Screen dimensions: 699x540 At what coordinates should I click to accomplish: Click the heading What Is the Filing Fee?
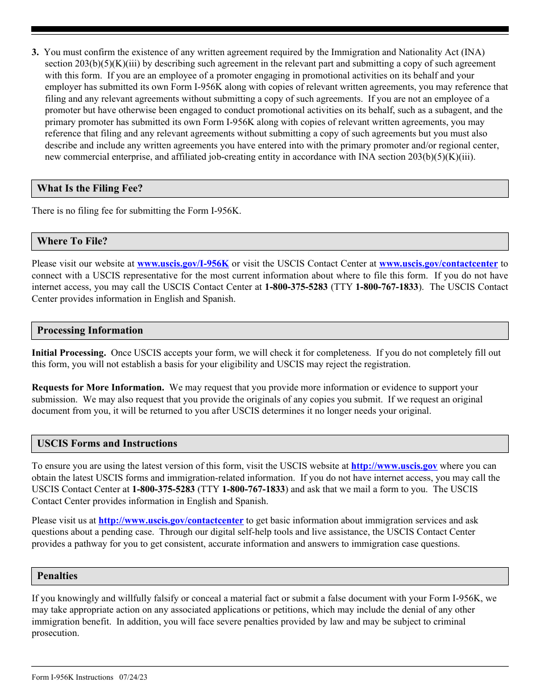(90, 189)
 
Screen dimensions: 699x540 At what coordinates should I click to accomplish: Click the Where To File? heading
(72, 242)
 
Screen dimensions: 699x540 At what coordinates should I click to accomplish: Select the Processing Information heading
(90, 331)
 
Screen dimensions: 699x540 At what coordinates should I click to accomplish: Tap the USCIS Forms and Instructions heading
(107, 444)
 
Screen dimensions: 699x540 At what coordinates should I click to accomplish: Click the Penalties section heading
(57, 576)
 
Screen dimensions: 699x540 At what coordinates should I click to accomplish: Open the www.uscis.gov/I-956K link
(183, 264)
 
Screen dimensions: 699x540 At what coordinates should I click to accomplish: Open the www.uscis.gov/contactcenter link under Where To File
(438, 264)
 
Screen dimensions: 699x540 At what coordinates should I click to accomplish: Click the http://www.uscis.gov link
(394, 466)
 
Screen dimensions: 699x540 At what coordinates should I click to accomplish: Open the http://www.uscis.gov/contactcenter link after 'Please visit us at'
(171, 521)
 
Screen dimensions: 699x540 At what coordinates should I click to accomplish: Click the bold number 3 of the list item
(35, 52)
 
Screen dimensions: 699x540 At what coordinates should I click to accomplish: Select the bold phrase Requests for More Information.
(98, 388)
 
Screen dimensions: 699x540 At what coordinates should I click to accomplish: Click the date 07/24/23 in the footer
(133, 677)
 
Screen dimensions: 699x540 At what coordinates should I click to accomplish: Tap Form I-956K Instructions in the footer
(72, 677)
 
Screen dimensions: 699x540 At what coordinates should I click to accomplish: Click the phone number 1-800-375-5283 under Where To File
(296, 287)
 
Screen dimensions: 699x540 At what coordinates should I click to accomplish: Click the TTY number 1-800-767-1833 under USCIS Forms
(253, 489)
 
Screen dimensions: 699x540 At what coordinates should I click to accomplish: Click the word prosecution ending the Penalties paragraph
(55, 633)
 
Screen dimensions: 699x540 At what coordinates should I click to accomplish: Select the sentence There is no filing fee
(136, 211)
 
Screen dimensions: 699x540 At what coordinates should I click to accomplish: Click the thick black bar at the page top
(270, 29)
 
